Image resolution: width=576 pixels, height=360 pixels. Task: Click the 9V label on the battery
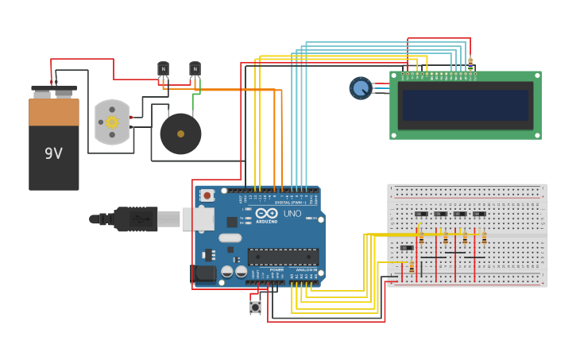(53, 153)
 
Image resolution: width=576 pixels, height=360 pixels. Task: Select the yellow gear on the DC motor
(112, 122)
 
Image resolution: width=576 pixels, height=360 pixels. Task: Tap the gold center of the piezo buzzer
(180, 134)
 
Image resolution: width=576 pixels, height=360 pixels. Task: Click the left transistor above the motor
(163, 70)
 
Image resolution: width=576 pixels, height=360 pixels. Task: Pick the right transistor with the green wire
(195, 70)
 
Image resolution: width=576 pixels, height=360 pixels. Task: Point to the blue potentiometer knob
(361, 87)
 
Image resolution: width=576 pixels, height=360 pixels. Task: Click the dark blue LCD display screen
(466, 105)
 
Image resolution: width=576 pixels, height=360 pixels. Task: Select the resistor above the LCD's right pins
(470, 64)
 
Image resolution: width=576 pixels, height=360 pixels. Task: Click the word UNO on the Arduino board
(292, 214)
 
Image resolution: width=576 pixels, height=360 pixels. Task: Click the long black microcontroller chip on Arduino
(283, 257)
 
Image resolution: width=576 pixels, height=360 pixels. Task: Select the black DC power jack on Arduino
(203, 274)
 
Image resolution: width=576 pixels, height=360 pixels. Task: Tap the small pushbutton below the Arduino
(255, 306)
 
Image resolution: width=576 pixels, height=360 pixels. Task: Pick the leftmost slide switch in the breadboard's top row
(421, 214)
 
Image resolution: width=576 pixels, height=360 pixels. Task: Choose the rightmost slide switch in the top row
(479, 214)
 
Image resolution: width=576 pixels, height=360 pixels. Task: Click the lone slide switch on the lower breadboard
(406, 248)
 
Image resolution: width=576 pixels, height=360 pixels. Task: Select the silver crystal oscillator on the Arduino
(230, 238)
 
